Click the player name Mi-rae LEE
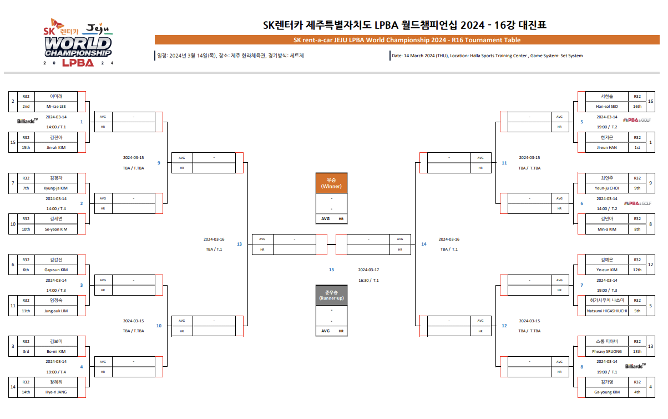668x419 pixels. tap(55, 106)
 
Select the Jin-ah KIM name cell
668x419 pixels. tap(55, 147)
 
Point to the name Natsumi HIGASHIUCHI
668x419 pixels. tap(606, 311)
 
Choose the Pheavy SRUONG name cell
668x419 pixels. tap(606, 351)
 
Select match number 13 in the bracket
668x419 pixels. tap(239, 244)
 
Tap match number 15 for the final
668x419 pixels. tap(331, 270)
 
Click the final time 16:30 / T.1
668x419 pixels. tap(368, 280)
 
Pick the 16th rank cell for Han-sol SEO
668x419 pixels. tap(637, 106)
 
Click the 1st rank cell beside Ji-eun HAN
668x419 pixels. tap(637, 147)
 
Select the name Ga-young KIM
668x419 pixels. tap(606, 392)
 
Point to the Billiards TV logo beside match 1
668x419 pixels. tap(28, 121)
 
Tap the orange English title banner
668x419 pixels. tap(407, 40)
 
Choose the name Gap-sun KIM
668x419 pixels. tap(55, 270)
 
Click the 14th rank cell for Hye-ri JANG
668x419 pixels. tap(26, 392)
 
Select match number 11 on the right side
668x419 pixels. tap(504, 163)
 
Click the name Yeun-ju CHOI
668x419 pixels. tap(606, 188)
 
